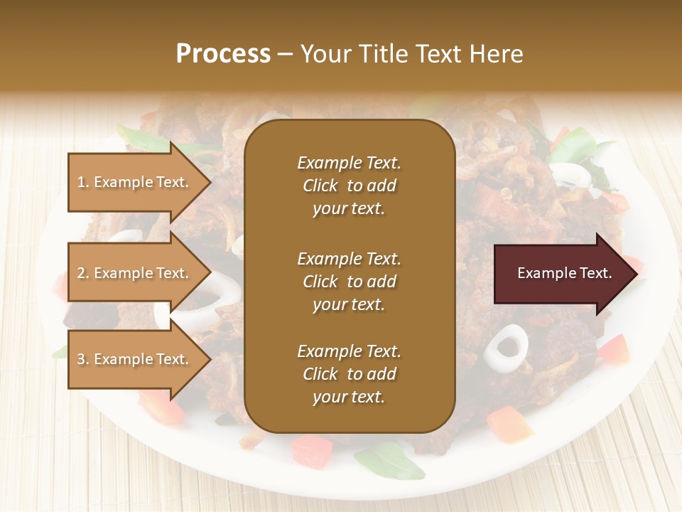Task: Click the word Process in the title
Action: pyautogui.click(x=223, y=53)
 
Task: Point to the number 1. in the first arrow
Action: pyautogui.click(x=83, y=182)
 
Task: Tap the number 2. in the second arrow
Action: pyautogui.click(x=83, y=273)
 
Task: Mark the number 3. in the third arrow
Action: pyautogui.click(x=83, y=359)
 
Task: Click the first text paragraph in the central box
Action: pyautogui.click(x=349, y=186)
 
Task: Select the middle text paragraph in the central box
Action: pyautogui.click(x=349, y=282)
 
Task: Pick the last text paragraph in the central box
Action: pyautogui.click(x=349, y=374)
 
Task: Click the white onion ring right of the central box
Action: pyautogui.click(x=507, y=343)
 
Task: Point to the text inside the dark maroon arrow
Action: pyautogui.click(x=564, y=273)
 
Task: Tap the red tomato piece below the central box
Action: pyautogui.click(x=311, y=449)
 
